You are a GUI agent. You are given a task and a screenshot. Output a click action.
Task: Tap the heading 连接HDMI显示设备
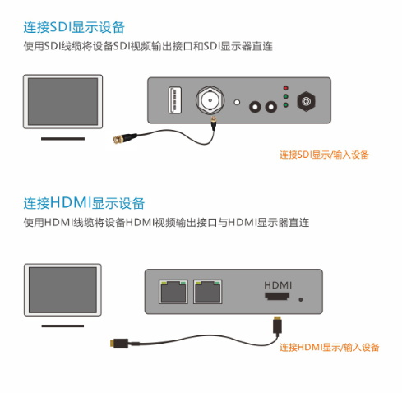[84, 203]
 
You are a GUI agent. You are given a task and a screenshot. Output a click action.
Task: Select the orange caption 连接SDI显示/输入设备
[324, 155]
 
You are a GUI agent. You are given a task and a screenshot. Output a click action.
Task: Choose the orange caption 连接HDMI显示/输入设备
[329, 347]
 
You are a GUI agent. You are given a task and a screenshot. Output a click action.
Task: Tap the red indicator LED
[285, 87]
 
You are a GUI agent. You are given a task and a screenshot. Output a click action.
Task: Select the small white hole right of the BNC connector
[238, 104]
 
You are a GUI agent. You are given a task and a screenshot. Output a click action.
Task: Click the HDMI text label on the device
[278, 284]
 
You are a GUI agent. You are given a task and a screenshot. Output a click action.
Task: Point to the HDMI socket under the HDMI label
[277, 298]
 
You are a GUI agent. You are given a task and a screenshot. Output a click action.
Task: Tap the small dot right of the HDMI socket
[301, 299]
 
